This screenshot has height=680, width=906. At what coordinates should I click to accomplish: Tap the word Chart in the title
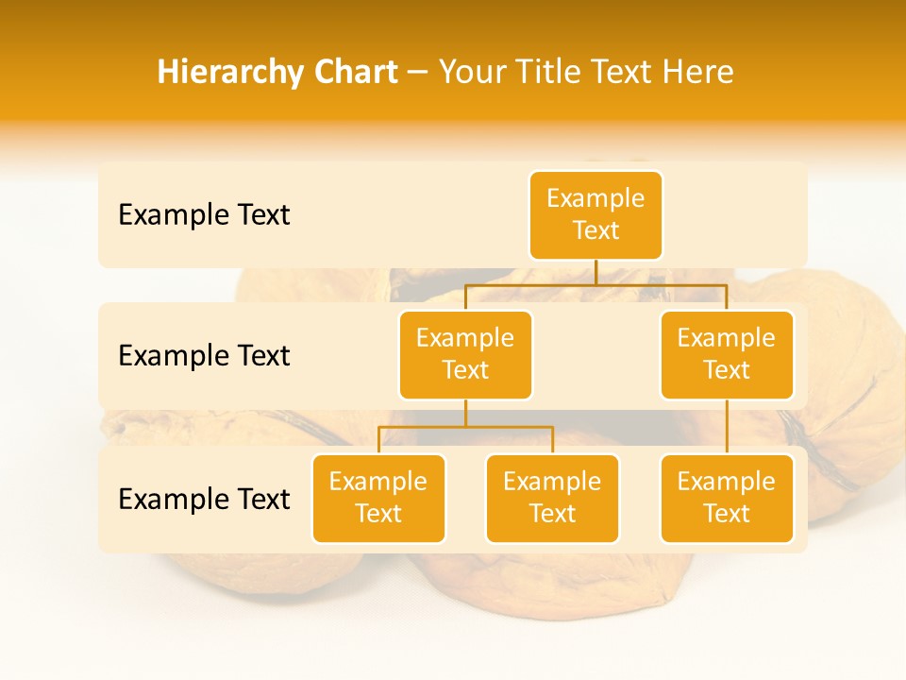click(x=354, y=73)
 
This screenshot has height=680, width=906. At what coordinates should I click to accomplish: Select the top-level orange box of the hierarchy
click(x=596, y=215)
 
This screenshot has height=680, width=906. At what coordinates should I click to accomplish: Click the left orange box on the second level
click(x=465, y=355)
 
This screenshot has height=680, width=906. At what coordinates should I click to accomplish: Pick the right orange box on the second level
click(x=727, y=355)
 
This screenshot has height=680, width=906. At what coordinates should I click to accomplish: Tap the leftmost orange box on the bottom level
click(x=378, y=499)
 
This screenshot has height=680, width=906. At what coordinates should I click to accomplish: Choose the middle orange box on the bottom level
click(x=552, y=499)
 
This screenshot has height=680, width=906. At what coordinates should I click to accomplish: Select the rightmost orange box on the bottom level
click(x=727, y=499)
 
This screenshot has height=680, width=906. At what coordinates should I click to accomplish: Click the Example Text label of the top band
click(x=204, y=215)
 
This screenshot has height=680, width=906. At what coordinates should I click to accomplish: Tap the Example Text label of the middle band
click(x=204, y=356)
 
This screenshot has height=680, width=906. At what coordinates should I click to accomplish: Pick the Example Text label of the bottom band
click(x=204, y=500)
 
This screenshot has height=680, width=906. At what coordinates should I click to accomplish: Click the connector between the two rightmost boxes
click(x=727, y=427)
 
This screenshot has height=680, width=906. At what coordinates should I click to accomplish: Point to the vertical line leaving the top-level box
click(x=596, y=272)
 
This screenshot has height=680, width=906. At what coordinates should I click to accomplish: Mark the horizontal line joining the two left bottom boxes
click(x=465, y=427)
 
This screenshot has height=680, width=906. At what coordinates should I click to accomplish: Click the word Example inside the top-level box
click(x=596, y=198)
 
